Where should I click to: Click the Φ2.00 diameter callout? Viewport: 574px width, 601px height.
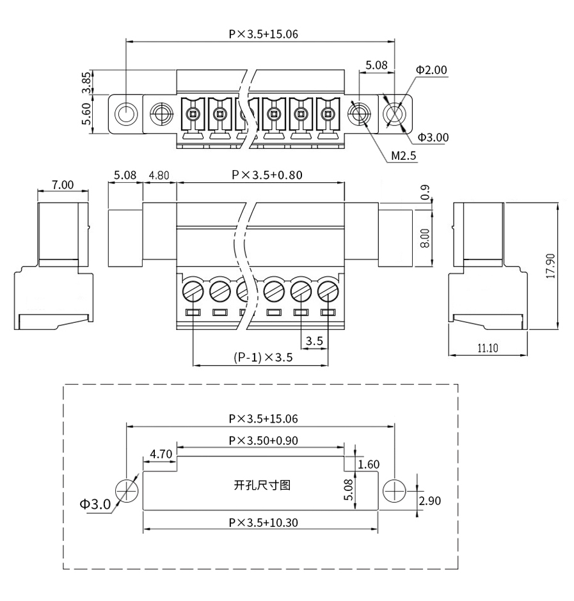[x=432, y=70]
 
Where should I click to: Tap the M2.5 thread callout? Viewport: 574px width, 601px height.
[x=403, y=155]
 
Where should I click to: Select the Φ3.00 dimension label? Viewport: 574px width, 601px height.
[x=433, y=137]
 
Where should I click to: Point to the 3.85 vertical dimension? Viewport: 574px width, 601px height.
[x=87, y=82]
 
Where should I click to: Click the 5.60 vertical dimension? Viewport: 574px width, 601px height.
[x=87, y=114]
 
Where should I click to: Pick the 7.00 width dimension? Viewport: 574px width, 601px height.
[x=63, y=185]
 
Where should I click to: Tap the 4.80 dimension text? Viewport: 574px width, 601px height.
[x=159, y=175]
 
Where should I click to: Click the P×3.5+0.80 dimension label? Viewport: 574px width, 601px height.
[x=267, y=175]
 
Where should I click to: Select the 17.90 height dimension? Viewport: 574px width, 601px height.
[x=550, y=265]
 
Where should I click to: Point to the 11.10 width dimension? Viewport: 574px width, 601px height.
[x=488, y=348]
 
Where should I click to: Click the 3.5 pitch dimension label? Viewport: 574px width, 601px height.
[x=314, y=341]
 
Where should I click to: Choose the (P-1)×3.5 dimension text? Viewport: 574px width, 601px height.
[x=263, y=357]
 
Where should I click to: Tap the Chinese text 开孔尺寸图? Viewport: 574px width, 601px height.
[x=262, y=485]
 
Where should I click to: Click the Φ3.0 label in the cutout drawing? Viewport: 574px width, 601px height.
[x=95, y=504]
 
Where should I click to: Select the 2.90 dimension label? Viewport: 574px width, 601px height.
[x=430, y=501]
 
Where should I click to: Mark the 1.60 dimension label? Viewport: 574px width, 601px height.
[x=369, y=464]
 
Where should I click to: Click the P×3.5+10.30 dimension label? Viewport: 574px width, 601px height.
[x=263, y=522]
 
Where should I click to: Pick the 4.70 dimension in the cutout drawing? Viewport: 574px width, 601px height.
[x=161, y=454]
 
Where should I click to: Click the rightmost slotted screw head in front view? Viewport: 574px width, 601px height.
[x=328, y=292]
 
